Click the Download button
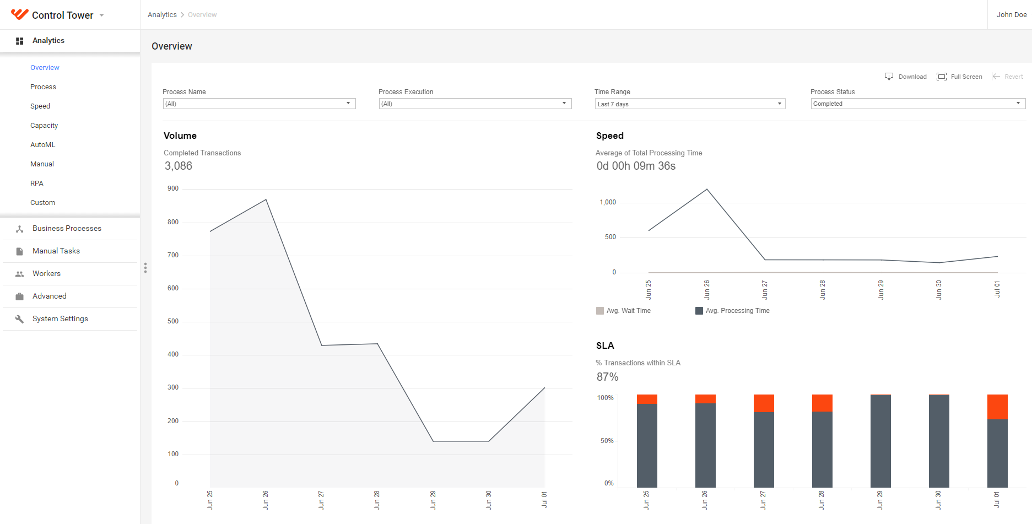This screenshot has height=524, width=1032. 906,77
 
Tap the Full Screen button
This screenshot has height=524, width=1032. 959,77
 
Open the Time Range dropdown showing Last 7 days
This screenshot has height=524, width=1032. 690,104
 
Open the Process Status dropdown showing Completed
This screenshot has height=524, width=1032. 918,104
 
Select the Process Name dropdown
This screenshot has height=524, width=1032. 259,104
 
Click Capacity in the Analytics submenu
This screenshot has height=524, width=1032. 44,126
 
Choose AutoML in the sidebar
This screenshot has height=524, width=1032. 43,145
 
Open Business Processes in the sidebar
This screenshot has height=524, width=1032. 67,229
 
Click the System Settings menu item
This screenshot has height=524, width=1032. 60,319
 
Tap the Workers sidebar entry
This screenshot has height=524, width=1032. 46,274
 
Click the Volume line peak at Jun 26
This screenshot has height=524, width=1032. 266,199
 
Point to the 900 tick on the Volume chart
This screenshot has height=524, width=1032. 173,188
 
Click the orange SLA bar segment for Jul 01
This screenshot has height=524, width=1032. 997,407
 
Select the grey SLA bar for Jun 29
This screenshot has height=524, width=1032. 880,441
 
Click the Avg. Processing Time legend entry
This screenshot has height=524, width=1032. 732,311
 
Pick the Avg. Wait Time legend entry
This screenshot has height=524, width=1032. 623,311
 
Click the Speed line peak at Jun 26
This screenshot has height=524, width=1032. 707,190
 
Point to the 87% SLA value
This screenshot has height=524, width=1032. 608,377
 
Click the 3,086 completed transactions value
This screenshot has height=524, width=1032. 179,166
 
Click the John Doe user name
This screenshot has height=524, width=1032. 1012,15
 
